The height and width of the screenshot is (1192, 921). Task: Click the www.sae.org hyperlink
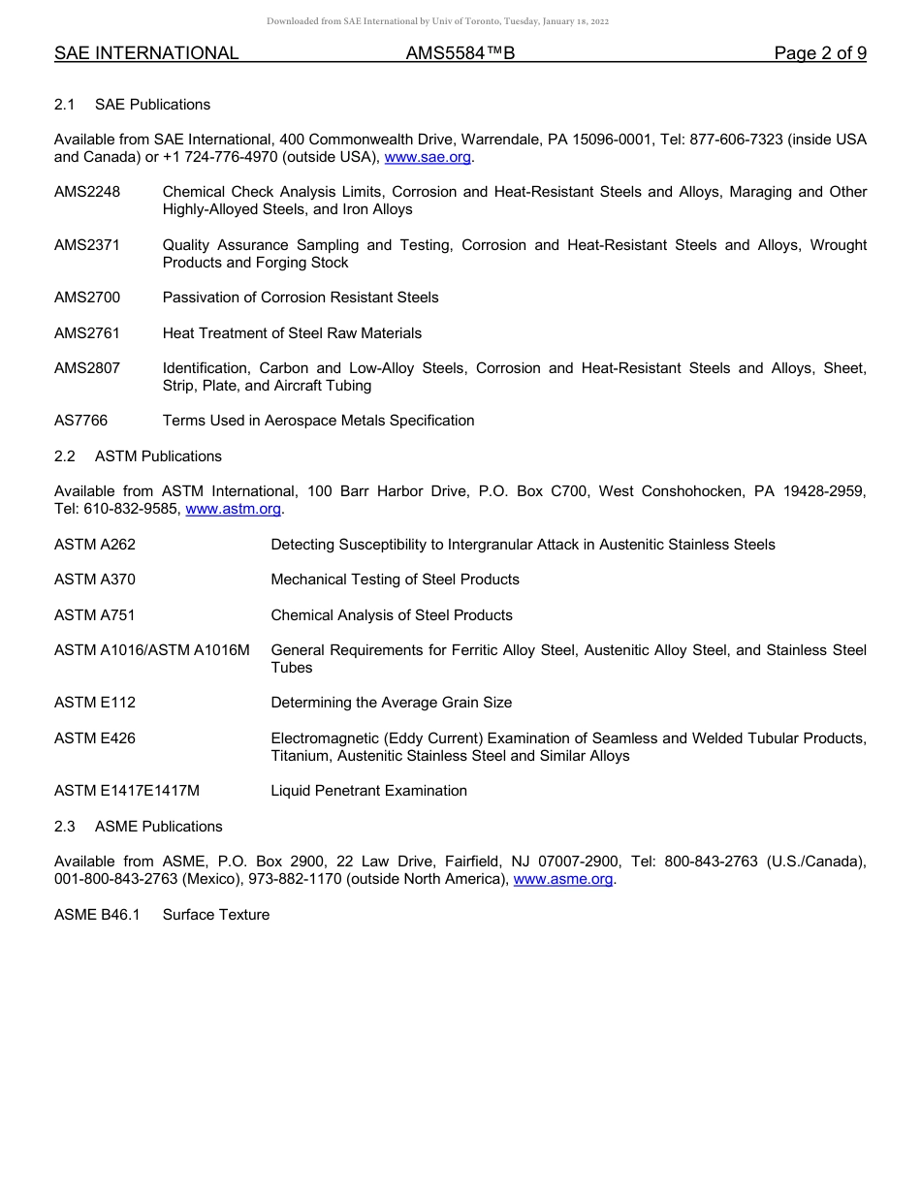pos(428,157)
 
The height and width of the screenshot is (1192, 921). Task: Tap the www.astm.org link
pos(233,509)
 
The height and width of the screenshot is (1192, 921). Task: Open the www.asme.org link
pos(563,879)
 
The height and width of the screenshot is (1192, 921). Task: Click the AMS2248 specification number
pos(87,192)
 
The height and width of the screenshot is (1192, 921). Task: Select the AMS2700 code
pos(87,298)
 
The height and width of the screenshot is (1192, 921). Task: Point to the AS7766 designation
pos(81,421)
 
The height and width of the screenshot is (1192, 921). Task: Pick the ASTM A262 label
pos(95,545)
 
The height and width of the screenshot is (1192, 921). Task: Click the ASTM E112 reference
pos(95,703)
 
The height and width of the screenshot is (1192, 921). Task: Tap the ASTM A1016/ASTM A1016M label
pos(152,650)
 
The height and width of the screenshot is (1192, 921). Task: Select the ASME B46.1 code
pos(97,915)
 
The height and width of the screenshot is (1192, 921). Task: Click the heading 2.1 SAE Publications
pos(132,105)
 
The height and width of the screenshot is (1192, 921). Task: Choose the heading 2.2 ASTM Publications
pos(138,456)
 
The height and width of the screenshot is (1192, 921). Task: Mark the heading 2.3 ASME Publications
pos(139,827)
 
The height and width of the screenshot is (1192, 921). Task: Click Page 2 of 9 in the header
pos(820,53)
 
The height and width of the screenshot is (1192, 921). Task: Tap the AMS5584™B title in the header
pos(460,53)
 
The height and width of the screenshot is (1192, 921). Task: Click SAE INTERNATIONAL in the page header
pos(146,53)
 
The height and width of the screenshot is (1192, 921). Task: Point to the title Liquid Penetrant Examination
pos(368,791)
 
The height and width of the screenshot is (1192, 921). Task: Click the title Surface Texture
pos(216,915)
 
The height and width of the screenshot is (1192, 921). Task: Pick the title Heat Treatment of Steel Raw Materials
pos(292,333)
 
